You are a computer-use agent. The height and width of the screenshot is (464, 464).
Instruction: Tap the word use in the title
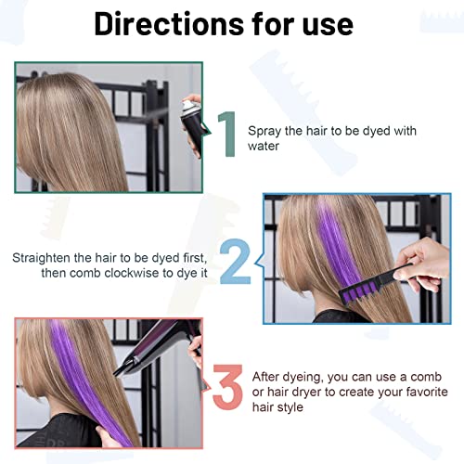tap(326, 24)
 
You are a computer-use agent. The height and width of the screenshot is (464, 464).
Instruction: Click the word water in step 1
tap(264, 146)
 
